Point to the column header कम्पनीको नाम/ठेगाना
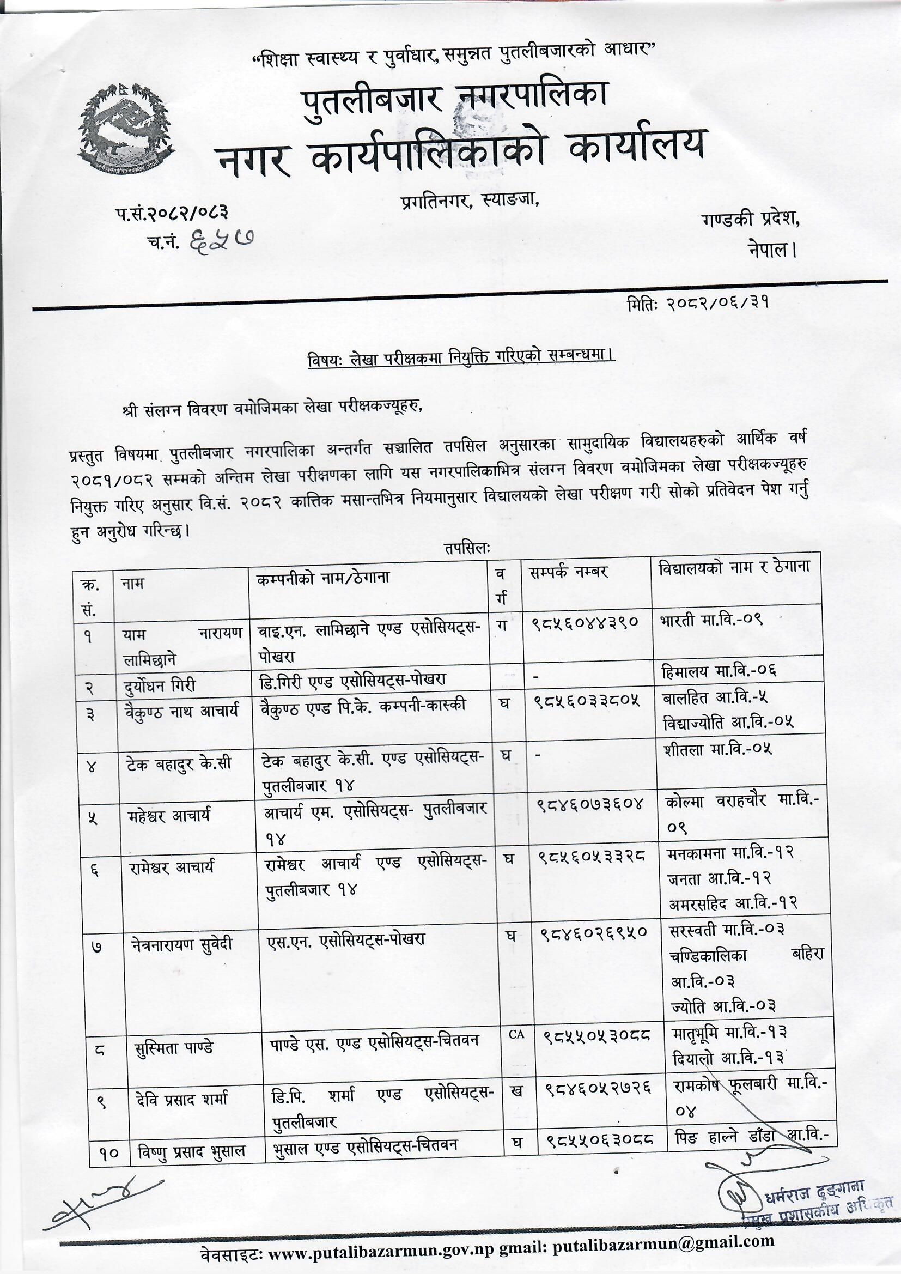click(x=323, y=578)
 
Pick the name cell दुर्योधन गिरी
click(x=160, y=685)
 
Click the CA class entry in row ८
click(x=516, y=1035)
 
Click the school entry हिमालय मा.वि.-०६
click(x=719, y=671)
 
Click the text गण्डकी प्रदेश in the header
click(x=750, y=220)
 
